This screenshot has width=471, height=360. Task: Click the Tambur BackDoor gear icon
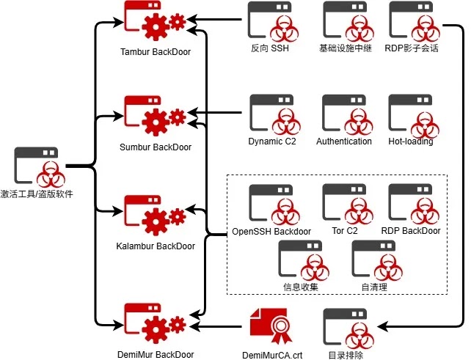155,23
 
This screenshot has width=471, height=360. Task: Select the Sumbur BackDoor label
156,147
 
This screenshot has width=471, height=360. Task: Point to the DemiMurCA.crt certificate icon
272,323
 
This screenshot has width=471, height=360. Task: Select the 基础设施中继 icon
344,22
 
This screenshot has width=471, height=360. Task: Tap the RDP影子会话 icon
413,22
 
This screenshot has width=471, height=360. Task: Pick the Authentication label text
344,142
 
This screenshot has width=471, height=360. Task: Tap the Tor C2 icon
344,205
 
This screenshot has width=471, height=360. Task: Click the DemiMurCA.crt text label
272,355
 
